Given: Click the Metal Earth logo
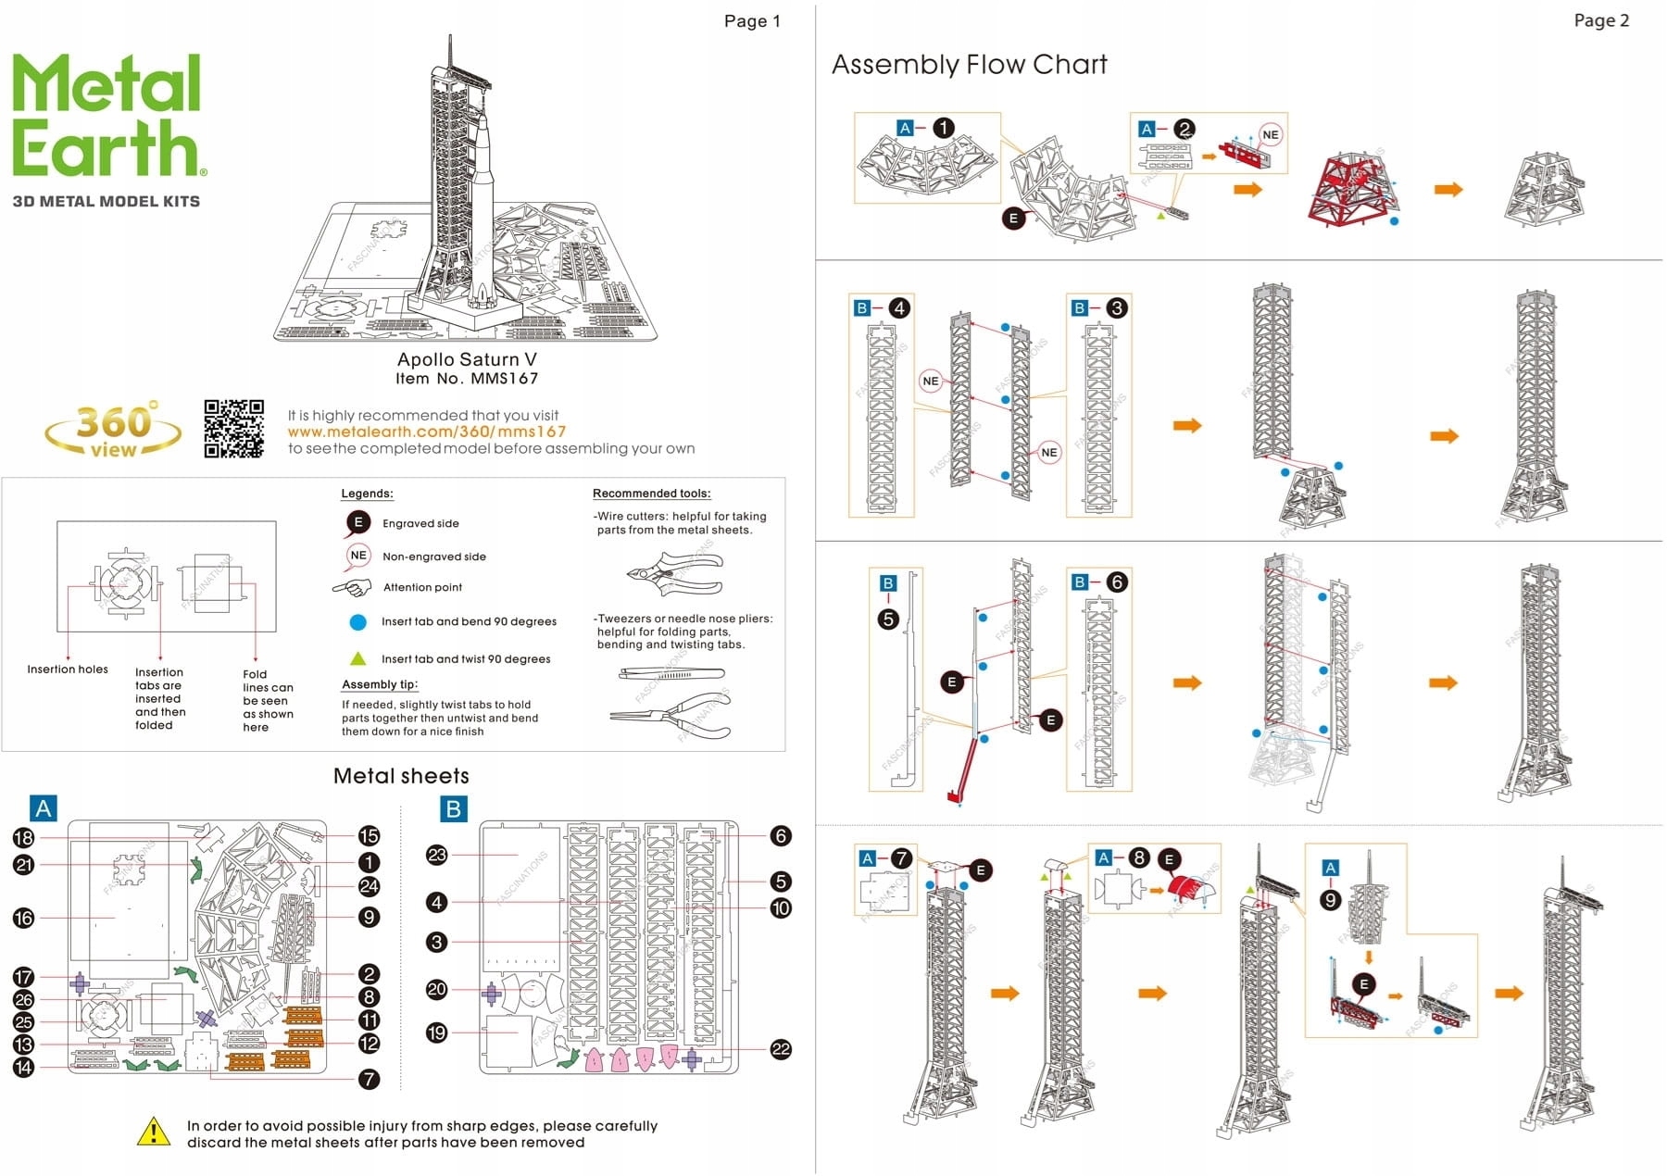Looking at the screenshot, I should [x=107, y=116].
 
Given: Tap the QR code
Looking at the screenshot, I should [x=233, y=429].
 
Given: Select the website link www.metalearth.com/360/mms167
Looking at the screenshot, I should [x=426, y=432].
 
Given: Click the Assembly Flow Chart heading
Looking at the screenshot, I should [x=969, y=65].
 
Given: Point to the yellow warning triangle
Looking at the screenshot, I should [x=153, y=1132].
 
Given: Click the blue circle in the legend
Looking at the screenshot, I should [x=357, y=622].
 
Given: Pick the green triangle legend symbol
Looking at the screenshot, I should [x=357, y=658].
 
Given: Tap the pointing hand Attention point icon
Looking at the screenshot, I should [x=352, y=587].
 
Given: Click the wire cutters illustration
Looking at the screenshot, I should [x=673, y=573].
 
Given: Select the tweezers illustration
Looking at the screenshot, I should [x=671, y=674].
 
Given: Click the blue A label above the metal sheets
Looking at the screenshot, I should [x=43, y=808].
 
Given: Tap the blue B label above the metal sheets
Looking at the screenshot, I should [x=453, y=808].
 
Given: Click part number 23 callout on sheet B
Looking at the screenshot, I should [x=436, y=855].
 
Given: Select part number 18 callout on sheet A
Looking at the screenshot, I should [x=23, y=837].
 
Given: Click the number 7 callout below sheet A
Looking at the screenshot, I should [x=369, y=1079].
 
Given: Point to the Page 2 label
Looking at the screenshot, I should [x=1601, y=20].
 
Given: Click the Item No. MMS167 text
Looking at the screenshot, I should [x=467, y=379].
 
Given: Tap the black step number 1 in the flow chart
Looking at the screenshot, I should [x=943, y=128].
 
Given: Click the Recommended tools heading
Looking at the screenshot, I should [x=651, y=494].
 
